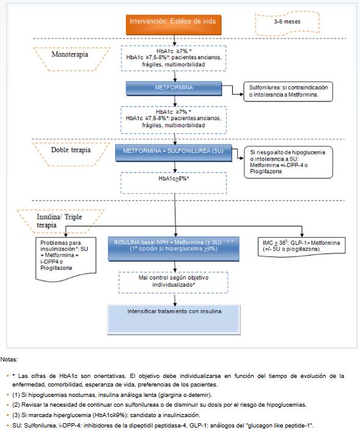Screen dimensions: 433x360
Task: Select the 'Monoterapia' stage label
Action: coord(69,54)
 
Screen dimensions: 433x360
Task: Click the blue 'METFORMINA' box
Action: coord(175,88)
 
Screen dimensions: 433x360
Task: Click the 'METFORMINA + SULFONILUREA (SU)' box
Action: coord(175,150)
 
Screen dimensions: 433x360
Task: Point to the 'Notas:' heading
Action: coord(10,360)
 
